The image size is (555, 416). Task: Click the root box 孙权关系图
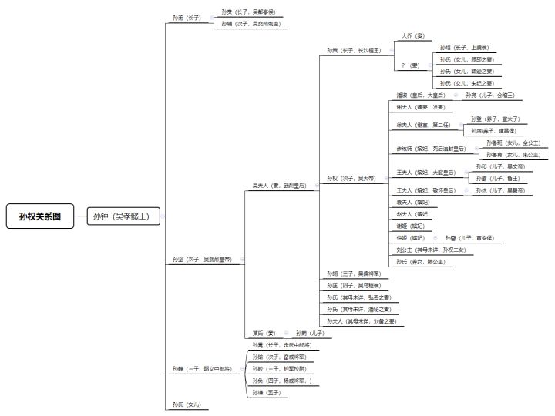click(x=41, y=216)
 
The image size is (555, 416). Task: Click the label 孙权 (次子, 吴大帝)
click(x=351, y=178)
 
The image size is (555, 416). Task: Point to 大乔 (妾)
click(x=412, y=35)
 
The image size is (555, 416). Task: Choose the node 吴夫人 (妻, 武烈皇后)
click(x=279, y=186)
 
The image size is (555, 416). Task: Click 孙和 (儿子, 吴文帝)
click(x=500, y=166)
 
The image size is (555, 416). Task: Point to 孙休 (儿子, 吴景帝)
click(x=499, y=190)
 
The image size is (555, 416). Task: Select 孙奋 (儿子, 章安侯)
click(x=472, y=238)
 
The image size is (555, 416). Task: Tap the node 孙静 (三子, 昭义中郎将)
click(x=202, y=369)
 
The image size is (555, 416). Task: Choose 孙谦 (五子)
click(x=267, y=393)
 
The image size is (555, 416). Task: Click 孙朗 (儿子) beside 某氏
click(x=310, y=333)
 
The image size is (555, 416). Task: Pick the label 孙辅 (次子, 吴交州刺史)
click(x=250, y=24)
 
